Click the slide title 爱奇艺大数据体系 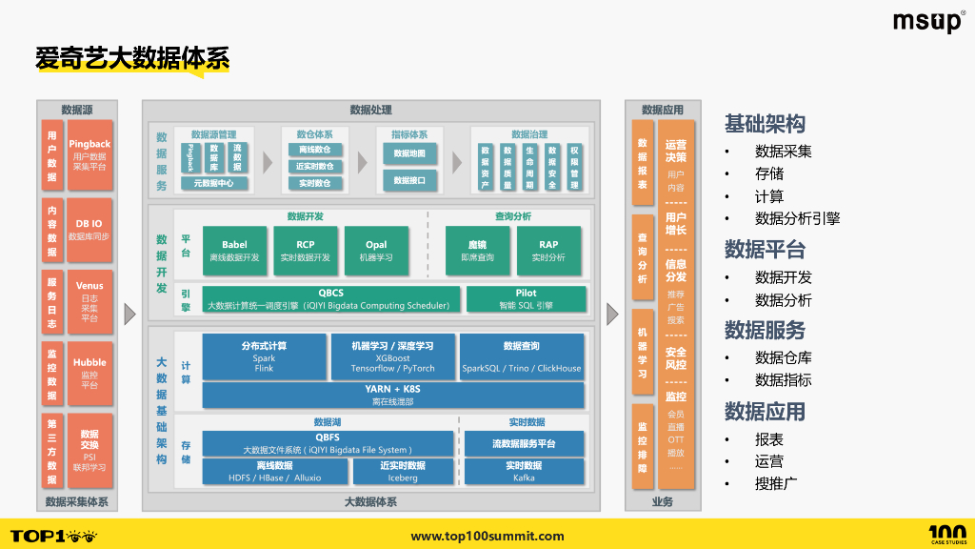pos(132,58)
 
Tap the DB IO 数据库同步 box pos(90,230)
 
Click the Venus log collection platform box pos(90,301)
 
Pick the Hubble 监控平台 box pos(90,373)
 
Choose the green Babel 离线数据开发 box pos(234,251)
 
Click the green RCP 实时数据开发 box pos(305,251)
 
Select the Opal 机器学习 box pos(376,251)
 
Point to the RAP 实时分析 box pos(548,251)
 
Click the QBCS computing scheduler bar pos(331,299)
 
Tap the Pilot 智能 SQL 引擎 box pos(526,299)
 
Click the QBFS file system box pos(328,443)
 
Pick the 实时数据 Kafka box pos(524,471)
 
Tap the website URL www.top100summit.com pos(487,537)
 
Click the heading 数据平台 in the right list pos(765,250)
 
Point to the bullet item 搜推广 pos(775,483)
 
